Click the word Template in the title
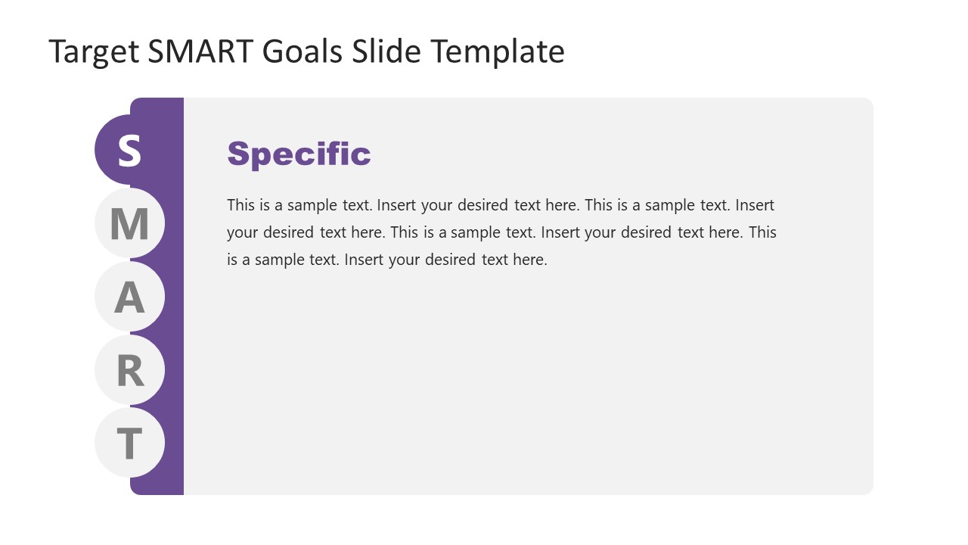tap(498, 52)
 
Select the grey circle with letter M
tap(129, 223)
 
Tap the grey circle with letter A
tap(129, 297)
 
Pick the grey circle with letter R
tap(129, 370)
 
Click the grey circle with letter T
tap(129, 443)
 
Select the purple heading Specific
tap(299, 154)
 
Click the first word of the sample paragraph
tap(240, 205)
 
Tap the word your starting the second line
tap(242, 232)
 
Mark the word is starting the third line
tap(231, 260)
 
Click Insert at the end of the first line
tap(755, 205)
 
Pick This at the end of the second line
tap(762, 232)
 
